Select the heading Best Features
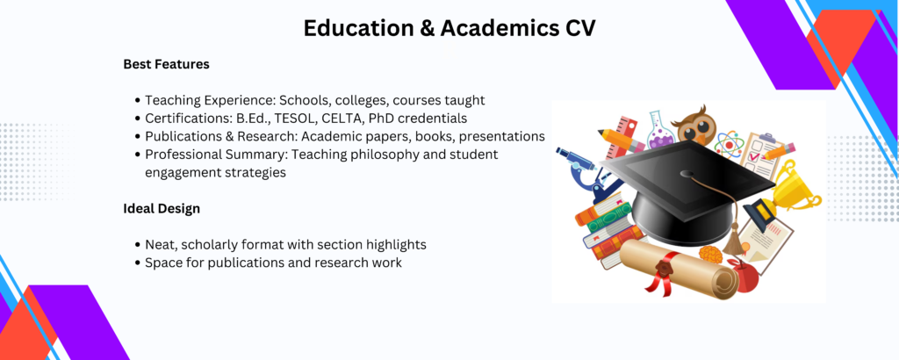[166, 64]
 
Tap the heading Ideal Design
[162, 209]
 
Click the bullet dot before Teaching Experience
[138, 100]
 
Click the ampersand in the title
[426, 29]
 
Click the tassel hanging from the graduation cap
[733, 239]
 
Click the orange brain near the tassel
[711, 255]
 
